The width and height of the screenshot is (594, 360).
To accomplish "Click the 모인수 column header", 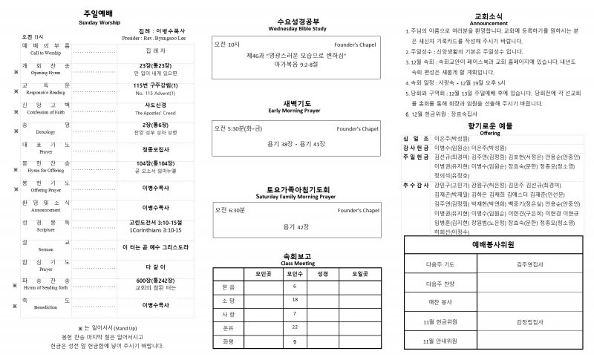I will tap(295, 273).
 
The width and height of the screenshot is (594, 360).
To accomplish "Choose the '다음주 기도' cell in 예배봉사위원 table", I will tap(440, 263).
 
